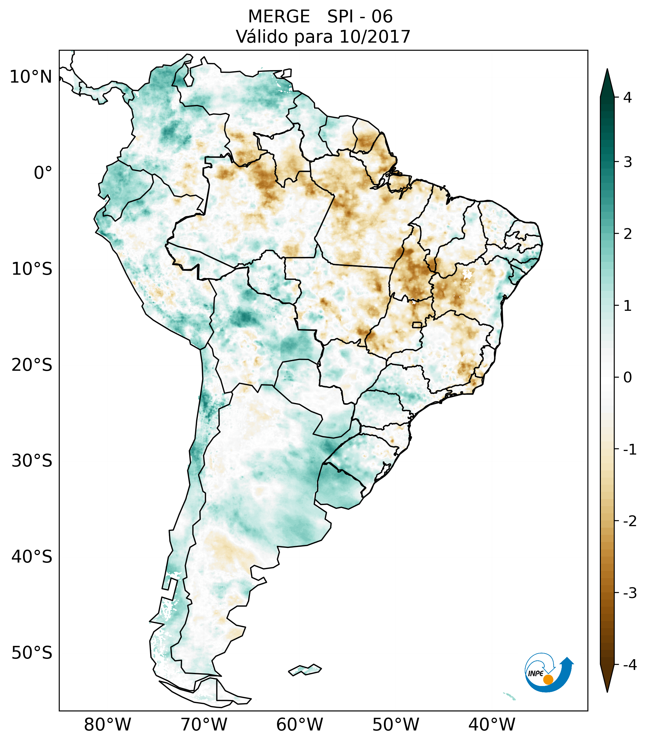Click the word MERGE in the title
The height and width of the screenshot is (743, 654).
[279, 17]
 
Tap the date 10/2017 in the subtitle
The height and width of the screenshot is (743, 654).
[375, 37]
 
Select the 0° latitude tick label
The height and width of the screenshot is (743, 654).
[43, 173]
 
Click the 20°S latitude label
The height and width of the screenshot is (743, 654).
[32, 365]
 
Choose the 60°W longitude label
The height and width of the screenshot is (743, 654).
[299, 725]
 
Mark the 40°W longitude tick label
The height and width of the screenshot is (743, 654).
[492, 725]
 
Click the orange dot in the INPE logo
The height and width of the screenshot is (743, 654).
[548, 680]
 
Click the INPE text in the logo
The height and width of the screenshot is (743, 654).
[535, 674]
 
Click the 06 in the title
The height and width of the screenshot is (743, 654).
[382, 17]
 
